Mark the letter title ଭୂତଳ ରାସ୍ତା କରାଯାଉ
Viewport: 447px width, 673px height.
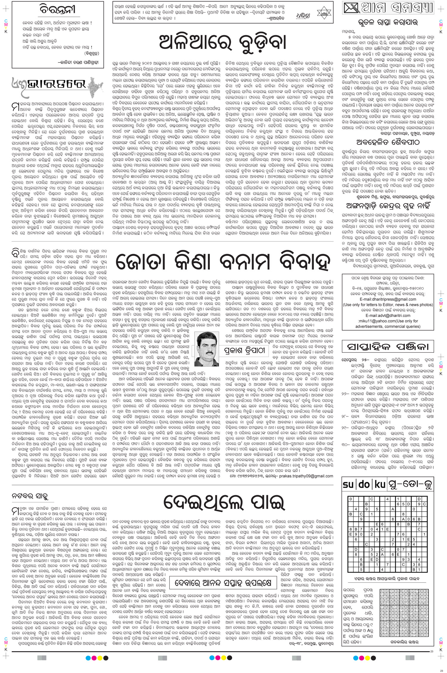(387, 22)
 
